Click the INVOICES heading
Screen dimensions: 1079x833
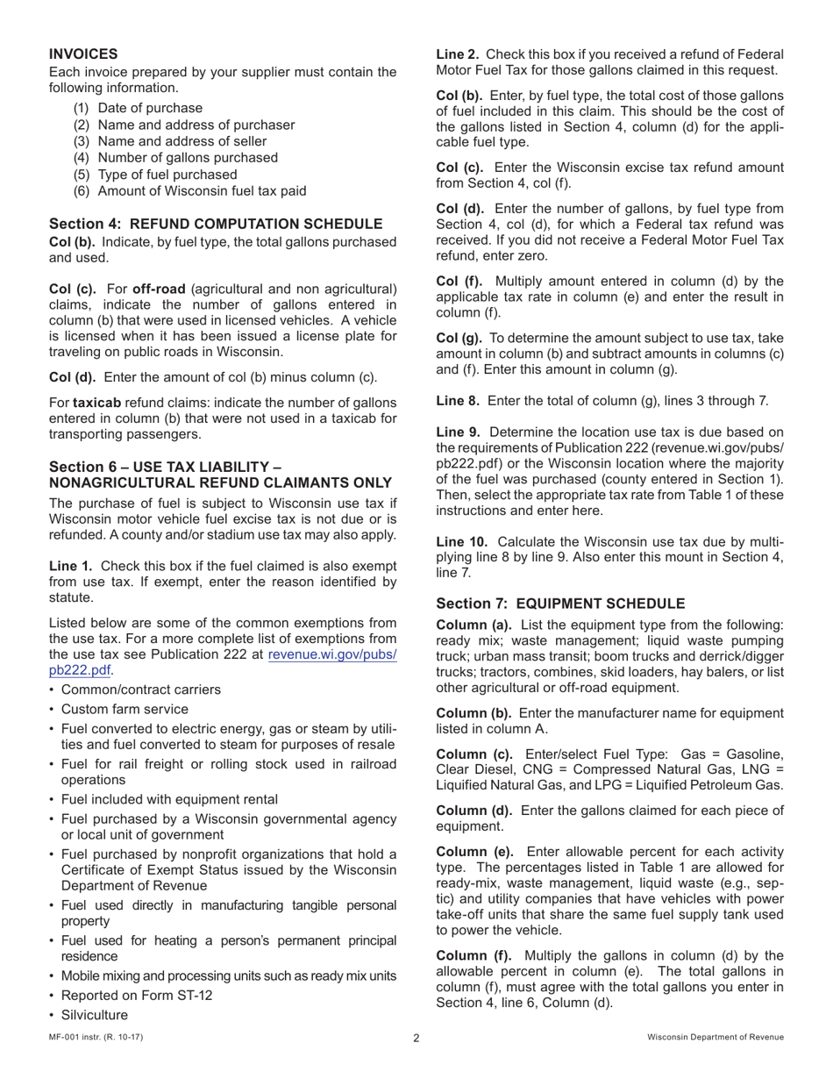83,54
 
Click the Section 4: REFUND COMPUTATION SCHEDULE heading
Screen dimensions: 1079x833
216,224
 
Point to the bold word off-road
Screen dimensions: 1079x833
158,289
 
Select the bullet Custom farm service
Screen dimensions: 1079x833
125,709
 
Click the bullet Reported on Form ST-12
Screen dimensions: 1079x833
137,996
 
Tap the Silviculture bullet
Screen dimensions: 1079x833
95,1015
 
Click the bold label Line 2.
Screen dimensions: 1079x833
457,54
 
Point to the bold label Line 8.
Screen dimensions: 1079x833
457,401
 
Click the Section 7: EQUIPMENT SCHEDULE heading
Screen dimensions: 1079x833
560,604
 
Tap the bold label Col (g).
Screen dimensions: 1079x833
460,338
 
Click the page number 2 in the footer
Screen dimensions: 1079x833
416,1039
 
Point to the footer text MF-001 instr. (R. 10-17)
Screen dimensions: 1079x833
96,1037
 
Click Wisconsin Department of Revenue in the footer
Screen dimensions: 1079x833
716,1037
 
